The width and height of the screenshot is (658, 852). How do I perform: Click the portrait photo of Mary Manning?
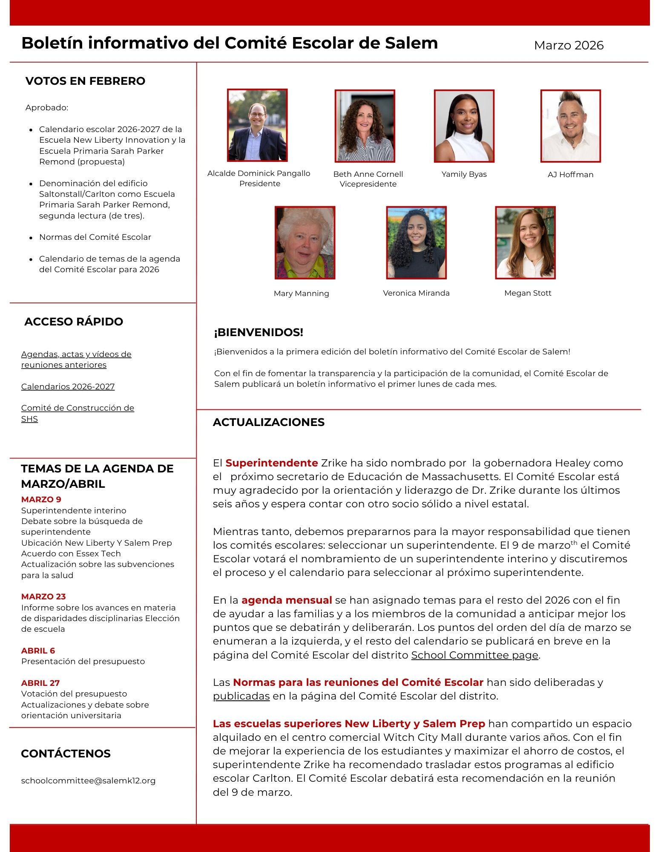point(305,243)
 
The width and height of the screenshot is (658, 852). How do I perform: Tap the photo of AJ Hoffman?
point(570,126)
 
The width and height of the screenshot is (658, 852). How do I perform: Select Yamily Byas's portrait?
point(464,126)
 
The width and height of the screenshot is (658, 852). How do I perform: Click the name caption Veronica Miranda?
point(416,293)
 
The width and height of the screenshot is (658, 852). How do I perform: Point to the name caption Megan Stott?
point(528,293)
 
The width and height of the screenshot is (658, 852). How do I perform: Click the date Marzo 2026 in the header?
point(569,45)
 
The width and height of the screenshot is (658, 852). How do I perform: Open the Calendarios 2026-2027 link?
point(68,386)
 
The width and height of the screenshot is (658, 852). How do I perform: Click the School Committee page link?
point(475,655)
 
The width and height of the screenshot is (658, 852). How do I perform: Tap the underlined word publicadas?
point(241,696)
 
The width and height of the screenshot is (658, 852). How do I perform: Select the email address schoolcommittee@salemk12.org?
point(88,780)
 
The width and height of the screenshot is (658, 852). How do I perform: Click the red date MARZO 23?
point(43,596)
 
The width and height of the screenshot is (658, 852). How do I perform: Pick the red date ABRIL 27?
point(40,683)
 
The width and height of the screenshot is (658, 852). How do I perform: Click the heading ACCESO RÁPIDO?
point(74,322)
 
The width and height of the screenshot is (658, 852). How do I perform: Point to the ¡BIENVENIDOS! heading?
point(259,332)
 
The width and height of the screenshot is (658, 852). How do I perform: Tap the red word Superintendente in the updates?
point(272,463)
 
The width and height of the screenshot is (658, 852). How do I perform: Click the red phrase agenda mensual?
point(287,600)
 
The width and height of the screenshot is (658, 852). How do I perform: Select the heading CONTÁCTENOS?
point(66,754)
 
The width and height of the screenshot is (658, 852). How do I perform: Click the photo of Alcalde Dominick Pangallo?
point(257,125)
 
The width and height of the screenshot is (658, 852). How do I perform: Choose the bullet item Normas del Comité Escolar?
point(95,237)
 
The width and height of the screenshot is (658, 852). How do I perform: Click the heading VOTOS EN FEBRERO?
point(85,81)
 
